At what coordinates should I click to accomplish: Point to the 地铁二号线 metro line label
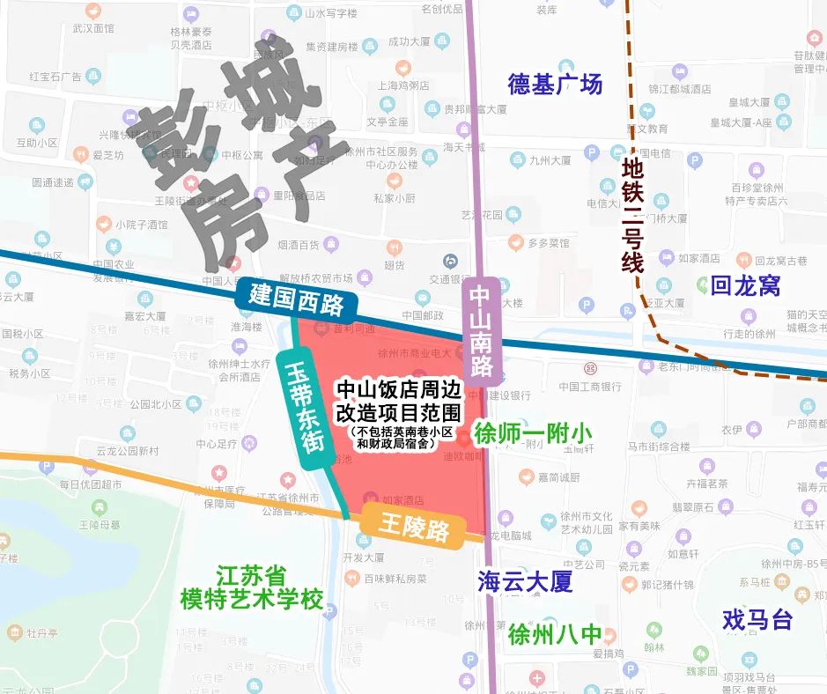point(632,214)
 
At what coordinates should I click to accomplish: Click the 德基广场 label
point(555,85)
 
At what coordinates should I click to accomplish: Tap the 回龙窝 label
point(745,285)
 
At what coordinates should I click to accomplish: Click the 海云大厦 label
point(525,581)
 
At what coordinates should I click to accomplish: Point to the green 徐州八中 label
point(555,634)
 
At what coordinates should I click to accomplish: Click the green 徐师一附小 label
point(533,433)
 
